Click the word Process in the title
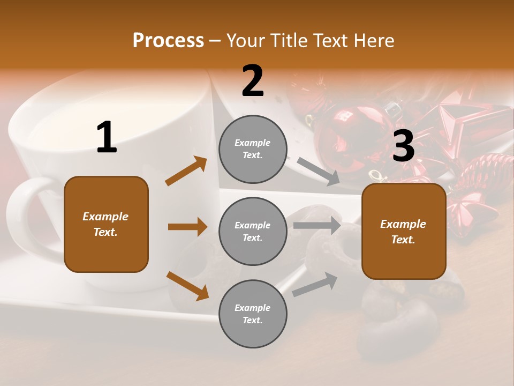point(168,40)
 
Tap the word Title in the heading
point(288,40)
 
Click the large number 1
point(107,138)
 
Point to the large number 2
point(253,81)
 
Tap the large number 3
point(403,146)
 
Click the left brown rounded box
point(106,224)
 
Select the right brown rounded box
point(404,232)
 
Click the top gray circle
point(253,149)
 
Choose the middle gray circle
point(253,232)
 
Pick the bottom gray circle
point(253,314)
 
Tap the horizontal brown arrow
point(187,227)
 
